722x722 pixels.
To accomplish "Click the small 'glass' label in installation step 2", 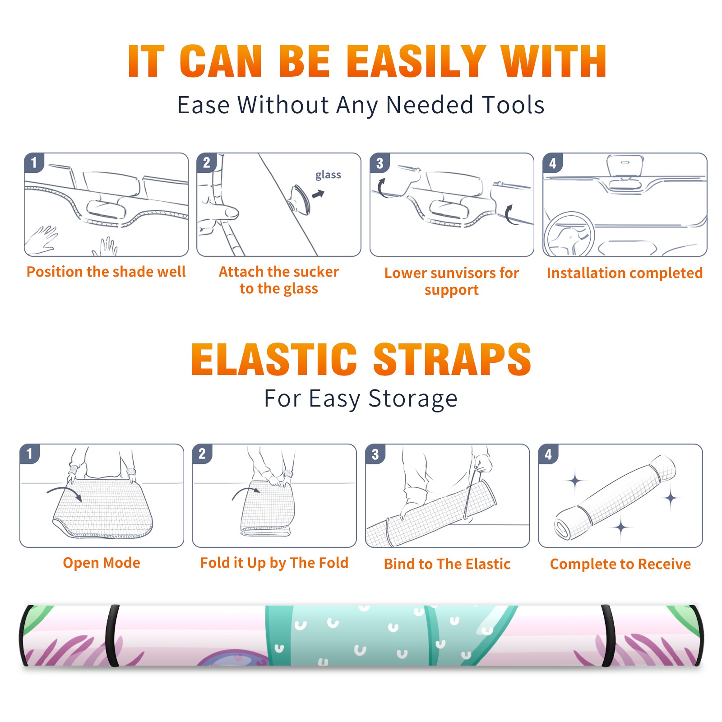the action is point(328,175).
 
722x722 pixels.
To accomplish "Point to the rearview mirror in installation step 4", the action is point(625,166).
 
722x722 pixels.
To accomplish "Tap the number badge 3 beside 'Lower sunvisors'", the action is point(379,163).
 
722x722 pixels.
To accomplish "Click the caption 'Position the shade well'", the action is point(106,272).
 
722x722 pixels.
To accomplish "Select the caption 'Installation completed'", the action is point(625,273).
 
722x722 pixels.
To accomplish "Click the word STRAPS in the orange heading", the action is point(452,359).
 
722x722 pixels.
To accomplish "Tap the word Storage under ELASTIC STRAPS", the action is point(413,399).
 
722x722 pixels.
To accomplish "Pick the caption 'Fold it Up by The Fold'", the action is point(274,563).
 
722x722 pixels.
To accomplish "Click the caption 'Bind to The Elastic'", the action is point(447,564).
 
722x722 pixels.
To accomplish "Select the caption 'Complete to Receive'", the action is point(620,564).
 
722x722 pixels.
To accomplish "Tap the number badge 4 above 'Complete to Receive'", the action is point(548,454).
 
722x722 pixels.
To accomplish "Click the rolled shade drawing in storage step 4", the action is point(615,497).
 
